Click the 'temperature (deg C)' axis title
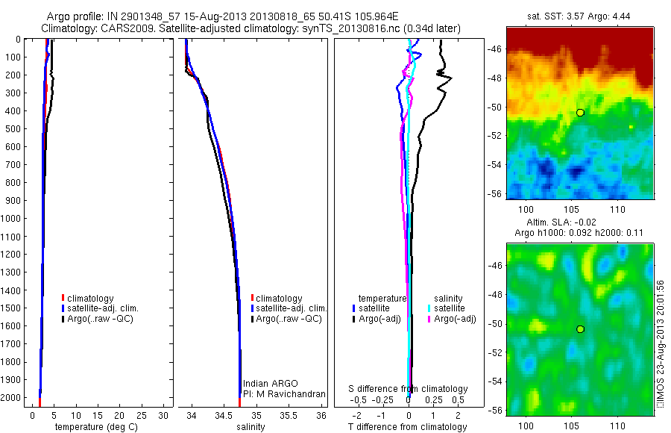[x=94, y=427]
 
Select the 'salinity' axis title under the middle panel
[x=251, y=427]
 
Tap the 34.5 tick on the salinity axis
[x=224, y=415]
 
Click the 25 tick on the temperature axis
[x=141, y=415]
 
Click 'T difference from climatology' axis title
[x=408, y=427]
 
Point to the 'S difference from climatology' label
[x=409, y=389]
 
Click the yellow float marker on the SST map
[x=580, y=112]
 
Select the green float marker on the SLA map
[x=580, y=328]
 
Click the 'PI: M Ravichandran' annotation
[x=283, y=393]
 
